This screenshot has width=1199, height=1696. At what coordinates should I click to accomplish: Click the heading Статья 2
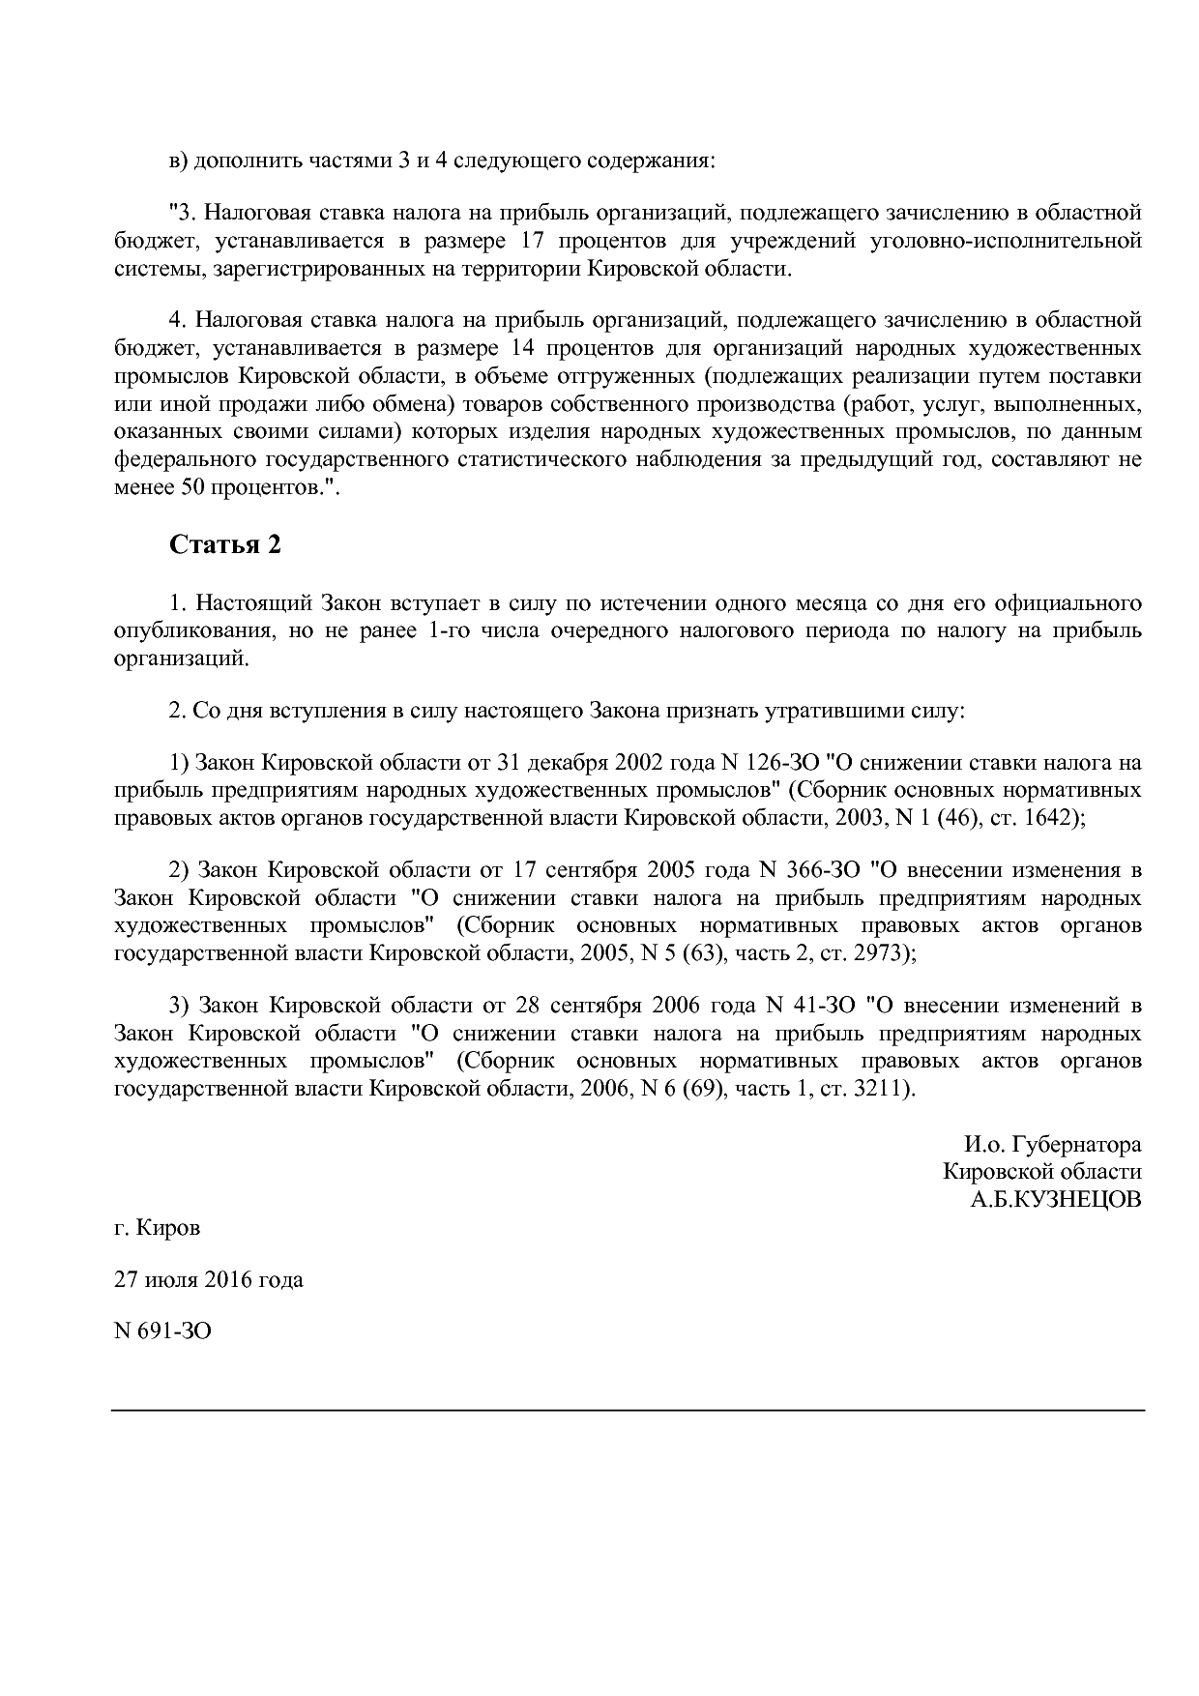pyautogui.click(x=224, y=545)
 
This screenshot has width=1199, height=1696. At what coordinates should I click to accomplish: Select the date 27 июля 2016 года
pyautogui.click(x=208, y=1279)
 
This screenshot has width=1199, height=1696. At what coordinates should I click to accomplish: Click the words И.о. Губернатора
pyautogui.click(x=1052, y=1145)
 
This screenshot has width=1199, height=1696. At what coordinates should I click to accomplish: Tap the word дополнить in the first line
pyautogui.click(x=236, y=160)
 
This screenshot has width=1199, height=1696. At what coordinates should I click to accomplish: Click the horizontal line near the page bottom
pyautogui.click(x=628, y=1411)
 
